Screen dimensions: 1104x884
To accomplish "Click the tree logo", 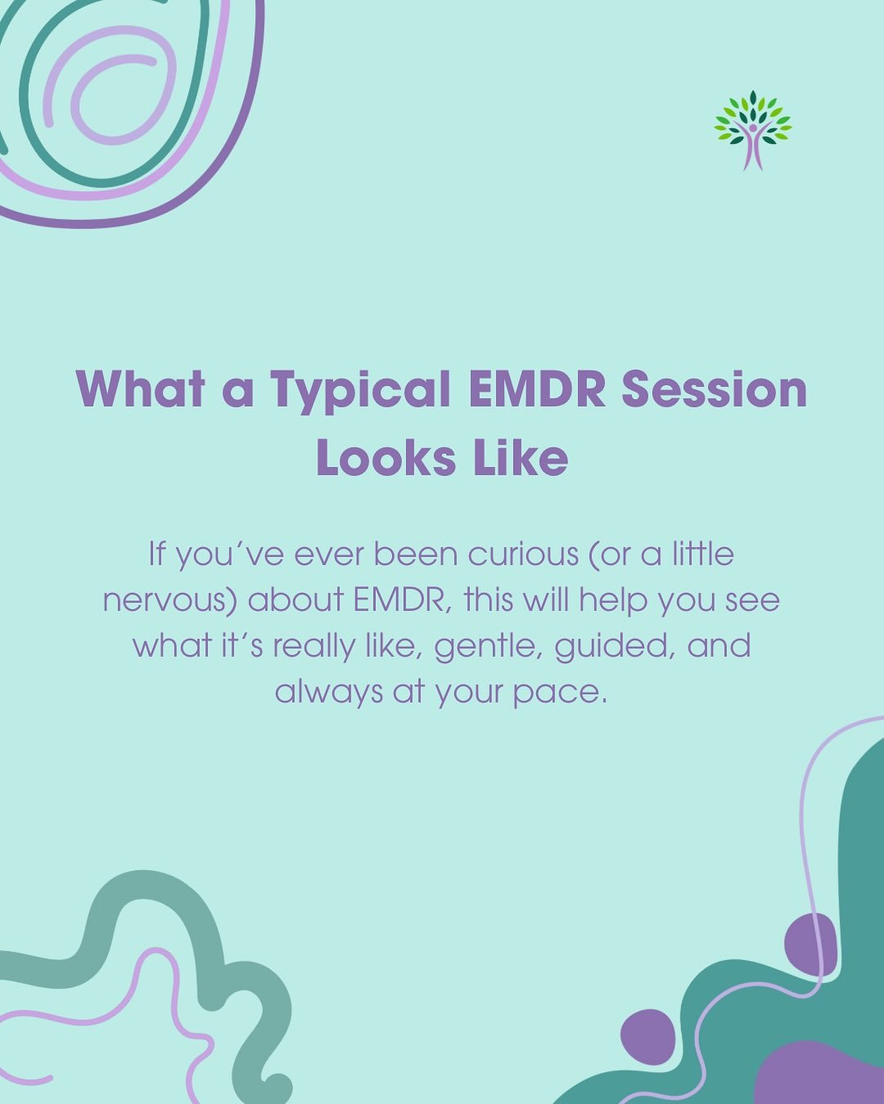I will pyautogui.click(x=752, y=129).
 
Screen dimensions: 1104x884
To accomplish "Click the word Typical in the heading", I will pyautogui.click(x=360, y=390).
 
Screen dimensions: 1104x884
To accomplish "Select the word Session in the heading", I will pyautogui.click(x=714, y=390).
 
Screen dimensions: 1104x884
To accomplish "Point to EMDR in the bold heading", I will pyautogui.click(x=536, y=390).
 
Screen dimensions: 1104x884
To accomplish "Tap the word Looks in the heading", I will pyautogui.click(x=385, y=458).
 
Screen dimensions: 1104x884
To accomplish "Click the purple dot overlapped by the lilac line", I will pyautogui.click(x=810, y=944).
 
